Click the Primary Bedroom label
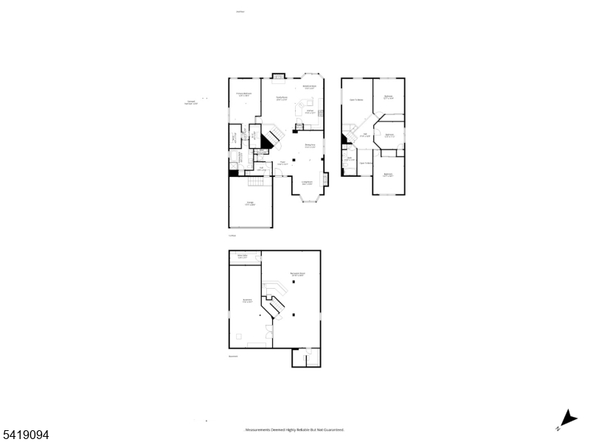click(x=243, y=94)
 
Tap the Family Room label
click(x=281, y=98)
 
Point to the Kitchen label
click(x=310, y=111)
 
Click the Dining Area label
click(x=310, y=146)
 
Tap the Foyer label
click(x=282, y=164)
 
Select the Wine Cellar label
click(x=242, y=257)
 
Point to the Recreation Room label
click(x=297, y=274)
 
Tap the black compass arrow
click(x=569, y=418)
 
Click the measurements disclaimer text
click(x=294, y=430)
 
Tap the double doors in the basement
click(x=268, y=331)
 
